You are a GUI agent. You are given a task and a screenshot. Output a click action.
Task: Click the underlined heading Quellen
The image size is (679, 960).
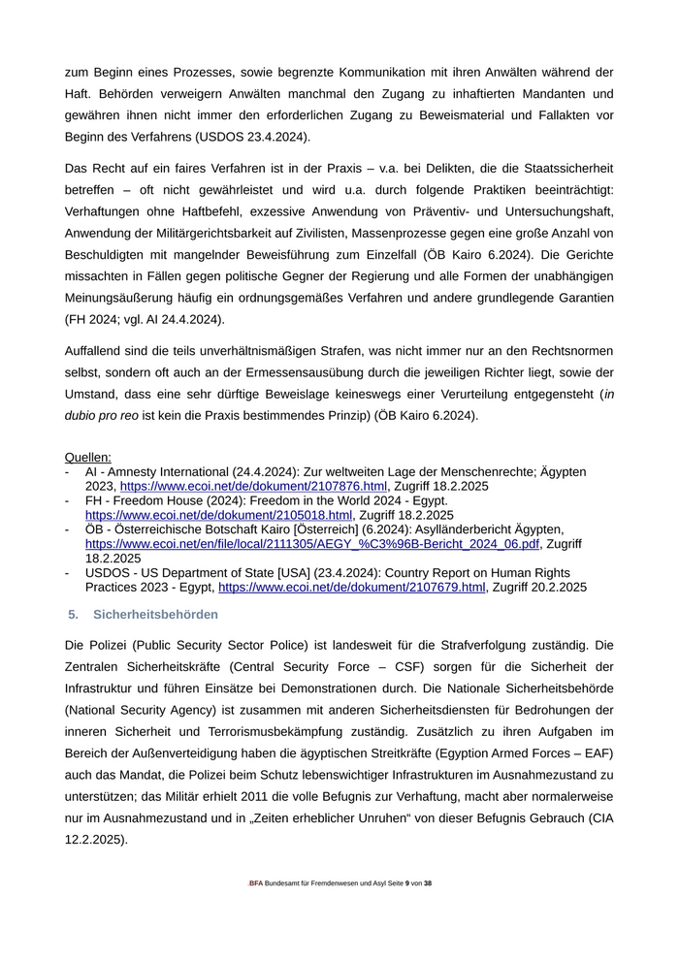[87, 457]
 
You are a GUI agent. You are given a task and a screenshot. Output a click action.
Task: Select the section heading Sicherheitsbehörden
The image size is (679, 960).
[155, 615]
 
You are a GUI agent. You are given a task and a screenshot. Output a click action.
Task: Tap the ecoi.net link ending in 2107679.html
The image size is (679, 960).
[352, 587]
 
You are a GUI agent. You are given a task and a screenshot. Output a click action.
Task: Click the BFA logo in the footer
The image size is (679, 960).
[256, 883]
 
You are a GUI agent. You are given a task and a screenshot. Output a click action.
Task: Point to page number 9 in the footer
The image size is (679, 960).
[407, 883]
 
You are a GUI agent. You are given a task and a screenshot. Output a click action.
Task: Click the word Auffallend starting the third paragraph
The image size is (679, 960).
[97, 350]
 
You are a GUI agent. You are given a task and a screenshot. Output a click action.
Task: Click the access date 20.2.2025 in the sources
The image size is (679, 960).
[553, 587]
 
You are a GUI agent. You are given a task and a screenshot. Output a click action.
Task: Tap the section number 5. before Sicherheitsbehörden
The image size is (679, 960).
[73, 615]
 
